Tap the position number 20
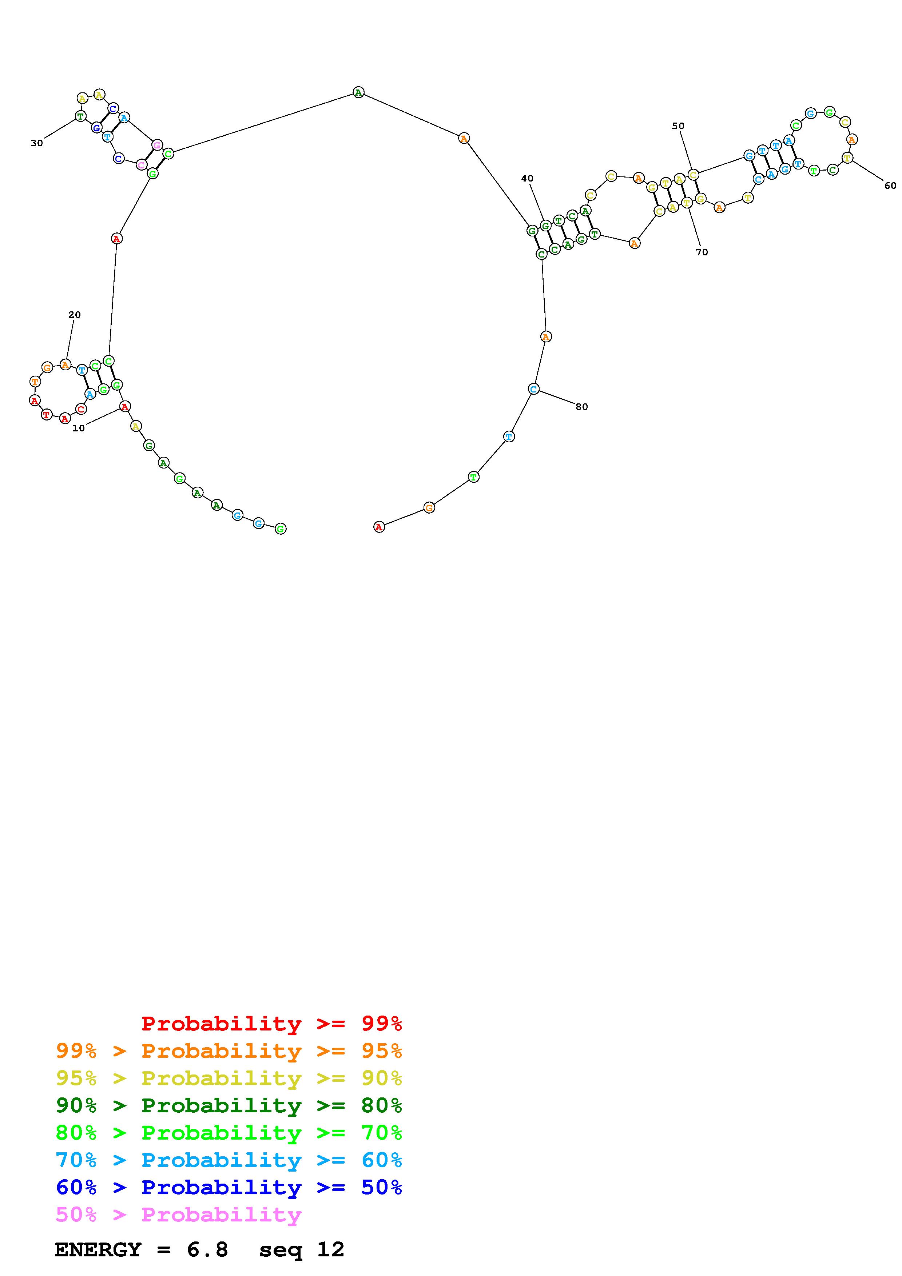pyautogui.click(x=75, y=315)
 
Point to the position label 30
pyautogui.click(x=37, y=143)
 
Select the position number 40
pyautogui.click(x=527, y=178)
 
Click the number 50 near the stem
pyautogui.click(x=678, y=126)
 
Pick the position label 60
pyautogui.click(x=890, y=186)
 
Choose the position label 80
pyautogui.click(x=581, y=407)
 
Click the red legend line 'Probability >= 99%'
pyautogui.click(x=272, y=1023)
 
